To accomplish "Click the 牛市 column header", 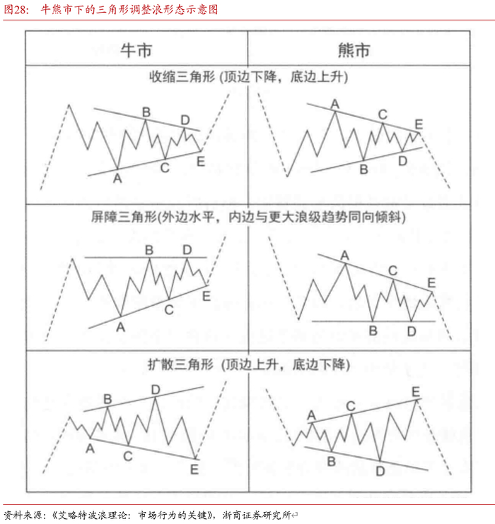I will pyautogui.click(x=136, y=50).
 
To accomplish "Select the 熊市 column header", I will pyautogui.click(x=354, y=50).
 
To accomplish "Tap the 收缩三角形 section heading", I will pyautogui.click(x=180, y=76).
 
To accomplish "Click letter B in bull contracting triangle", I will pyautogui.click(x=146, y=112).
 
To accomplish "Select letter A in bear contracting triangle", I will pyautogui.click(x=335, y=105).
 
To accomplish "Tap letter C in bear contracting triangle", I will pyautogui.click(x=383, y=114).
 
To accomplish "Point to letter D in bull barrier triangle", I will pyautogui.click(x=187, y=249).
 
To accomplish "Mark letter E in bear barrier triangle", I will pyautogui.click(x=432, y=283).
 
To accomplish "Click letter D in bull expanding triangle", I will pyautogui.click(x=155, y=389).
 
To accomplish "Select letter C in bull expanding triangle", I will pyautogui.click(x=128, y=457).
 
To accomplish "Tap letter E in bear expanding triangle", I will pyautogui.click(x=416, y=391).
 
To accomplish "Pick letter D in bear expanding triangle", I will pyautogui.click(x=380, y=470).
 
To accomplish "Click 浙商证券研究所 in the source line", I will pyautogui.click(x=261, y=514).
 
